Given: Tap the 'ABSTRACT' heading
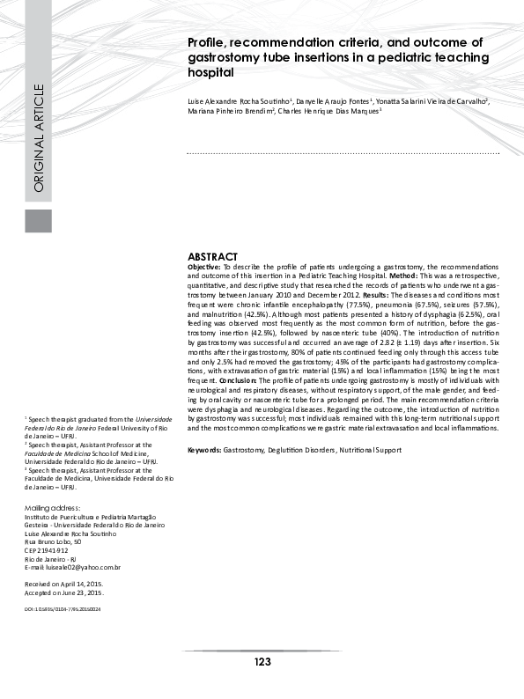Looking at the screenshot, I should pyautogui.click(x=213, y=255).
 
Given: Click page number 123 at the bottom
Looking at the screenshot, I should pyautogui.click(x=262, y=661).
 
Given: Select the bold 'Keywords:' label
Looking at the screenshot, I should pyautogui.click(x=204, y=450).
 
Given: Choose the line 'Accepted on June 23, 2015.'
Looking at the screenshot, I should pyautogui.click(x=64, y=592).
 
